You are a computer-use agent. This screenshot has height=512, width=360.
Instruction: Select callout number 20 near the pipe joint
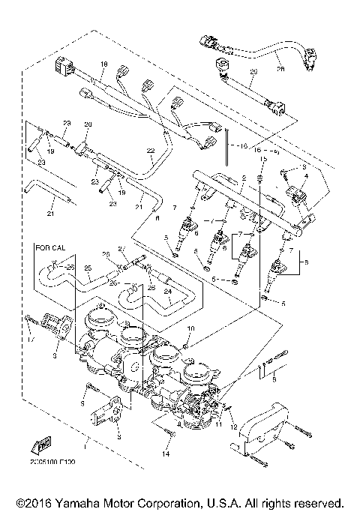tap(87, 124)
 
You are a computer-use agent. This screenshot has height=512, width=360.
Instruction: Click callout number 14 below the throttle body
tap(166, 454)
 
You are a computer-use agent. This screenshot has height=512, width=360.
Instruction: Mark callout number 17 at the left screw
tap(30, 343)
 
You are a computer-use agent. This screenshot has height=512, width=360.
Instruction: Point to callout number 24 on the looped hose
tap(168, 293)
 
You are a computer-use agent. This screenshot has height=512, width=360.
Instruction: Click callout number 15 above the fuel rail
tap(262, 160)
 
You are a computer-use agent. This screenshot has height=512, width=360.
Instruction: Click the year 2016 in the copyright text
tap(29, 502)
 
